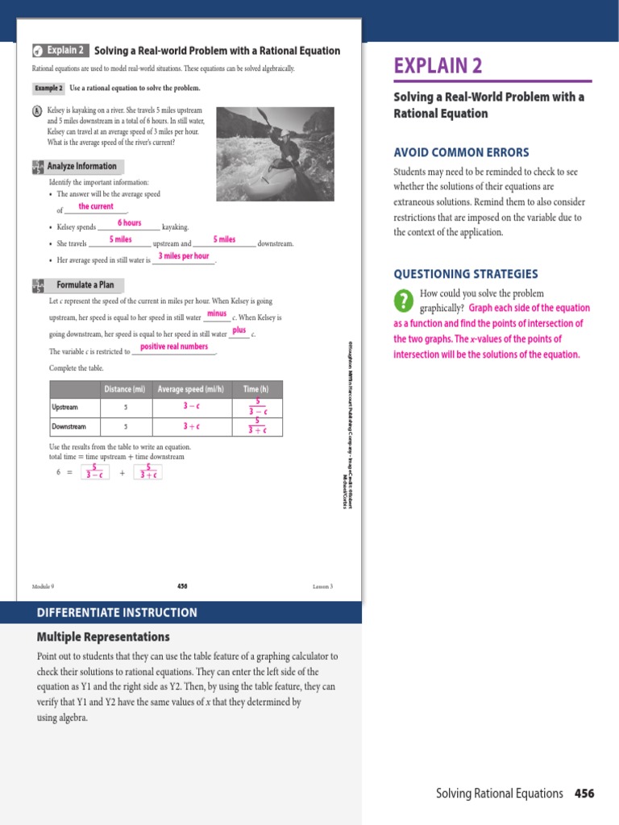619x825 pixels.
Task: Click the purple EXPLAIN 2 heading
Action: (438, 66)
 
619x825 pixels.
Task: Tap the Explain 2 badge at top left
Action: (59, 50)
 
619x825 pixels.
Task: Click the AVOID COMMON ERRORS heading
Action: (461, 152)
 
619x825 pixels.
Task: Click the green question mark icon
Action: (404, 301)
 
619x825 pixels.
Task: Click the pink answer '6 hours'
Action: (129, 223)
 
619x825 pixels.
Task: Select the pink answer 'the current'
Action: (96, 207)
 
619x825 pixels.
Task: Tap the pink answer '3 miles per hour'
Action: (184, 256)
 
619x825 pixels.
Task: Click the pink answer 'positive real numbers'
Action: (173, 347)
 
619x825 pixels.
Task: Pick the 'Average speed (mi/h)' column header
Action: (192, 390)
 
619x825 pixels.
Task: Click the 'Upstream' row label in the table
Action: (64, 408)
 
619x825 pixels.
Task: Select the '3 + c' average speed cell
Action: (192, 426)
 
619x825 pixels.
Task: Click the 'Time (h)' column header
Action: (256, 390)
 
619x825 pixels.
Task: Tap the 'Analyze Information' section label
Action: (85, 167)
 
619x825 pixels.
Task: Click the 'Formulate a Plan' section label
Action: (85, 285)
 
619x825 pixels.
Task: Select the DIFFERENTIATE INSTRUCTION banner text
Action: (117, 612)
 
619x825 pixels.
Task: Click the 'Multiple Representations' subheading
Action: (103, 636)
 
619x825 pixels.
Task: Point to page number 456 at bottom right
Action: (584, 794)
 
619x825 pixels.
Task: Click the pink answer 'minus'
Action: (216, 313)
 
